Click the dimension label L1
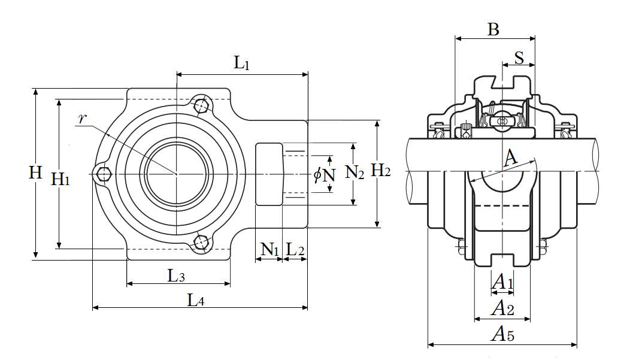click(242, 63)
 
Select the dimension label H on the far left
click(36, 173)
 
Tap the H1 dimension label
click(60, 178)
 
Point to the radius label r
click(83, 118)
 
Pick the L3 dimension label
click(176, 276)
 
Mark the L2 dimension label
click(295, 249)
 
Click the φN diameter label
click(324, 175)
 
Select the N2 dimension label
click(355, 174)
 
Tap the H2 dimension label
click(381, 171)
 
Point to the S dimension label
click(519, 58)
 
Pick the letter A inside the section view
click(510, 159)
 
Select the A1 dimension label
click(502, 282)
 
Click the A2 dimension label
click(502, 308)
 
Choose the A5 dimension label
click(502, 334)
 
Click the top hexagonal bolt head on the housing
click(202, 106)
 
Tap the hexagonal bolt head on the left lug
click(105, 174)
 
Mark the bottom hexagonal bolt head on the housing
click(201, 242)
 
